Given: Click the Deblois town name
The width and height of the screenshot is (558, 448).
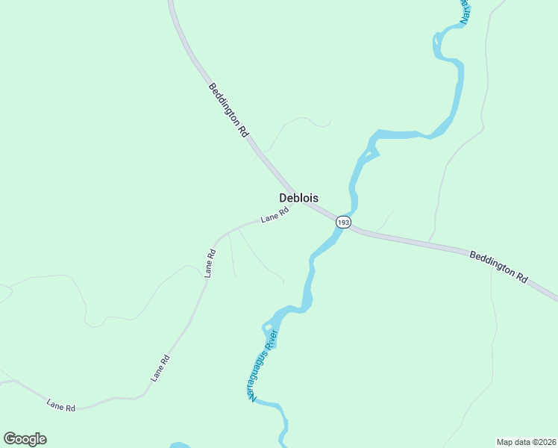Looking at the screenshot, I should click(x=298, y=198).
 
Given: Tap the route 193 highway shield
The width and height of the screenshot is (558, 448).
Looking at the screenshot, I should click(x=342, y=223).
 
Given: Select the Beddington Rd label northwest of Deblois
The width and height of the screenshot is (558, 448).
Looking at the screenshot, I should click(x=228, y=110).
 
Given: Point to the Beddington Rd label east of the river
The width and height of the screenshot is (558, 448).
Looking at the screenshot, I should click(x=498, y=266).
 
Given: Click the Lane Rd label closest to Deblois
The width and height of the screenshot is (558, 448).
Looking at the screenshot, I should click(x=275, y=217).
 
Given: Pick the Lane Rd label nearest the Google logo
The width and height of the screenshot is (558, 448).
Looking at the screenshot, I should click(x=61, y=406).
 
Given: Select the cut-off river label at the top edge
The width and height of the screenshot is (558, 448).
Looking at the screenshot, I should click(x=465, y=11).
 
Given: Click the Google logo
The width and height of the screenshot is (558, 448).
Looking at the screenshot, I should click(x=25, y=439).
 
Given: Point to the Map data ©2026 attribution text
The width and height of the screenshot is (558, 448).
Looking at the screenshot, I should click(x=526, y=441).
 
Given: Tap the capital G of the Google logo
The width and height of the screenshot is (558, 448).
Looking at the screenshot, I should click(x=10, y=438).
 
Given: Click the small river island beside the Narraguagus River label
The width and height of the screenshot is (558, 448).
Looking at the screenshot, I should click(x=266, y=326).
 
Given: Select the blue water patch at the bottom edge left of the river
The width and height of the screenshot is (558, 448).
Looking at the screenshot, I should click(x=179, y=445).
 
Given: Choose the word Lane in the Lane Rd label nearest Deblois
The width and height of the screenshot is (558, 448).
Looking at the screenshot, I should click(x=269, y=219).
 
